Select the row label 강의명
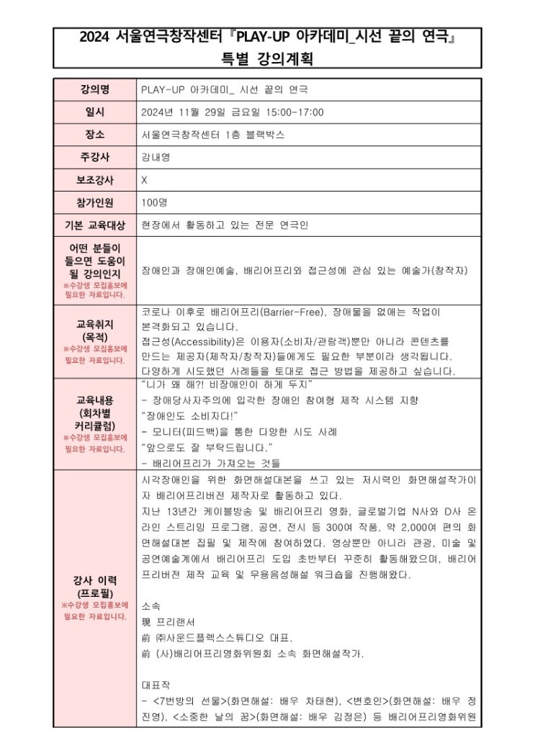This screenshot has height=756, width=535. pyautogui.click(x=94, y=90)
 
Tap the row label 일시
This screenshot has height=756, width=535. pyautogui.click(x=94, y=112)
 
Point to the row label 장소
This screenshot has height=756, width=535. pyautogui.click(x=94, y=135)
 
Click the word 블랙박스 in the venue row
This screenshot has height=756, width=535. pyautogui.click(x=266, y=135)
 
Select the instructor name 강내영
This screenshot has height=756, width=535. pyautogui.click(x=156, y=157)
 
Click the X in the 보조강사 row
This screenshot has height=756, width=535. pyautogui.click(x=145, y=179)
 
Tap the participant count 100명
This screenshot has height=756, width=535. pyautogui.click(x=155, y=202)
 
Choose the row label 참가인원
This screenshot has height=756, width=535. pyautogui.click(x=94, y=202)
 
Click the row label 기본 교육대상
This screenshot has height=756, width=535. pyautogui.click(x=94, y=225)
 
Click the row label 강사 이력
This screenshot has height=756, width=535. pyautogui.click(x=94, y=580)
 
